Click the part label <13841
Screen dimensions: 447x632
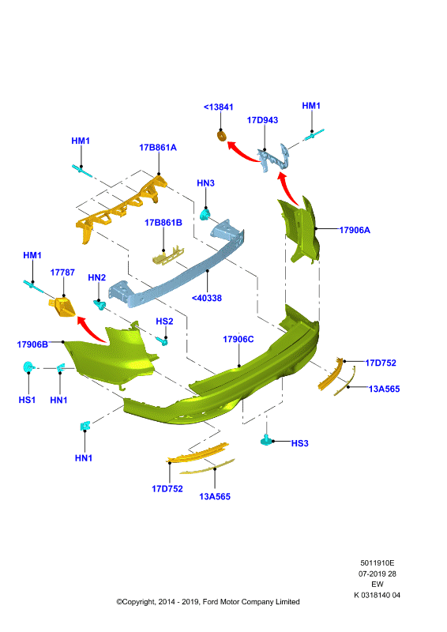tap(219, 107)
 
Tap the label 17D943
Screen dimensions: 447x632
tap(262, 120)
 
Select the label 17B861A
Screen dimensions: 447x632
tap(158, 148)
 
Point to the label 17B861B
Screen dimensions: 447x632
tap(163, 223)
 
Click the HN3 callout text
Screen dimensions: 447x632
tap(205, 183)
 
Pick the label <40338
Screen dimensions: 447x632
tap(207, 298)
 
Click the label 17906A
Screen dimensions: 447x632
tap(355, 230)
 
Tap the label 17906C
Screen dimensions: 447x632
tap(239, 340)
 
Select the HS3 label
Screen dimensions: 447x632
tap(300, 443)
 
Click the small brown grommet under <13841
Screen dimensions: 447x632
tap(221, 135)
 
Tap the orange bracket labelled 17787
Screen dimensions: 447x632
tap(62, 307)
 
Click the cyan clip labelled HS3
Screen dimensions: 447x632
tap(266, 440)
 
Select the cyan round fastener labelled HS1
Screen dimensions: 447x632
tap(28, 367)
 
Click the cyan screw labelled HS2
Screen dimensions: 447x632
tap(163, 341)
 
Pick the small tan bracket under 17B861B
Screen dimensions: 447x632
tap(168, 255)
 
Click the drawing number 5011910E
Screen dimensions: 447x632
tap(378, 563)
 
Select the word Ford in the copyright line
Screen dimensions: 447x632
tap(211, 602)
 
